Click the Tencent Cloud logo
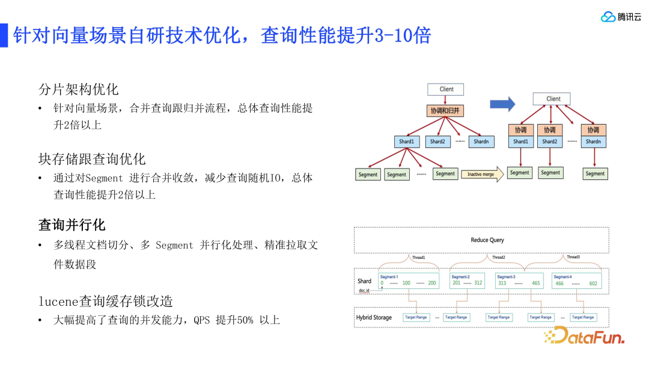[621, 17]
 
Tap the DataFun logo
[584, 335]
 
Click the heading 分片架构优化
[79, 89]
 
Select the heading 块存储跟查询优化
[92, 159]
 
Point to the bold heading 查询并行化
[72, 225]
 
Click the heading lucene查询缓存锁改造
[106, 300]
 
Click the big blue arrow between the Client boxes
[502, 104]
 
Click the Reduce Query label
[487, 240]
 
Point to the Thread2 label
[498, 257]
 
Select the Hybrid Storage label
[374, 317]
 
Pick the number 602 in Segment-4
[594, 284]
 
